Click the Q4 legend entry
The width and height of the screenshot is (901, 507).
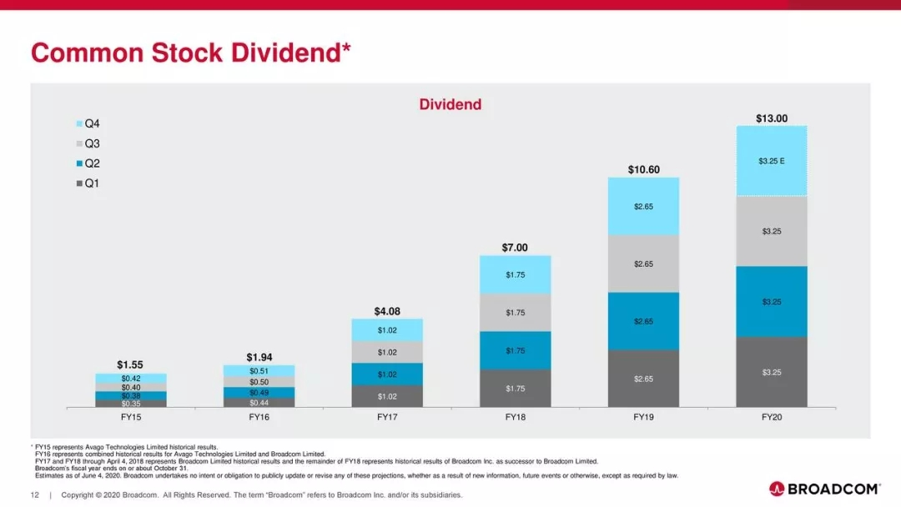tap(87, 123)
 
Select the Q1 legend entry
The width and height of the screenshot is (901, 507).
tap(87, 183)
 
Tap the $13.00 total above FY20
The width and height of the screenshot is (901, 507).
tap(771, 118)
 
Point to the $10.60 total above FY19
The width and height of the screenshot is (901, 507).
tap(643, 169)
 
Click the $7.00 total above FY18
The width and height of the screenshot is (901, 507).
tap(515, 248)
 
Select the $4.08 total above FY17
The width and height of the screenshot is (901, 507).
tap(387, 311)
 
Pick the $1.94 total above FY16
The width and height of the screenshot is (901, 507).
tap(259, 357)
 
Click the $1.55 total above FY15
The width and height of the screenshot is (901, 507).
tap(131, 364)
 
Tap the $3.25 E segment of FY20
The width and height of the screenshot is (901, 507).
tap(771, 161)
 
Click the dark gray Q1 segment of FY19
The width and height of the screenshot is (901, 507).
tap(643, 379)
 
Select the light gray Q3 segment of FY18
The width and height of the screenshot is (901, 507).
tap(515, 313)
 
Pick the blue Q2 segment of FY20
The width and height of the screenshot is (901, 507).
tap(771, 301)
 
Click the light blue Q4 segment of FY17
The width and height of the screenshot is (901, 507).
tap(387, 330)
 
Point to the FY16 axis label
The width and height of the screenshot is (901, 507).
tap(259, 416)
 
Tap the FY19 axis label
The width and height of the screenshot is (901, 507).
tap(643, 416)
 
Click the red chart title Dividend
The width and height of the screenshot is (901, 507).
tap(450, 104)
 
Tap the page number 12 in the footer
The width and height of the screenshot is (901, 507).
tap(35, 495)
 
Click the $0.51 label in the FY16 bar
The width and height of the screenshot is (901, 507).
tap(259, 371)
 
